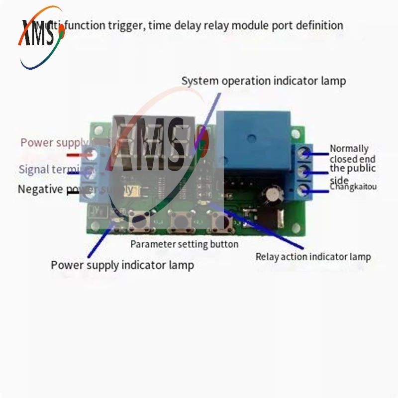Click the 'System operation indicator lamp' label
[263, 81]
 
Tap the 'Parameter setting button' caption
[184, 244]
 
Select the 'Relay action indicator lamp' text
[313, 257]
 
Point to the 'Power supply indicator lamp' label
[122, 265]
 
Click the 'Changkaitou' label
[353, 187]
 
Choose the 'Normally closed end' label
[352, 153]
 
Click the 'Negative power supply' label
[75, 189]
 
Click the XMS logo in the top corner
[42, 37]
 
